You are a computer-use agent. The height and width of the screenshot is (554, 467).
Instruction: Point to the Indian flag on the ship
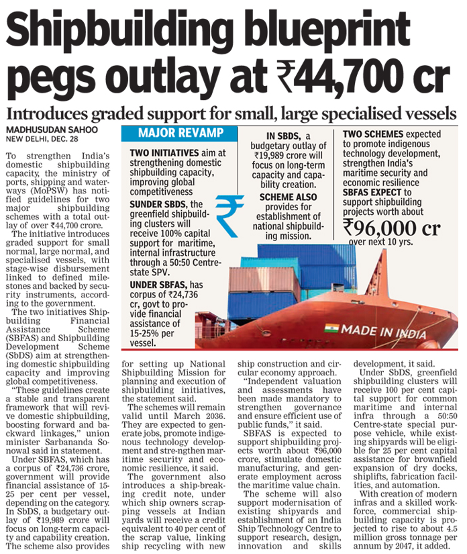pos(331,328)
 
